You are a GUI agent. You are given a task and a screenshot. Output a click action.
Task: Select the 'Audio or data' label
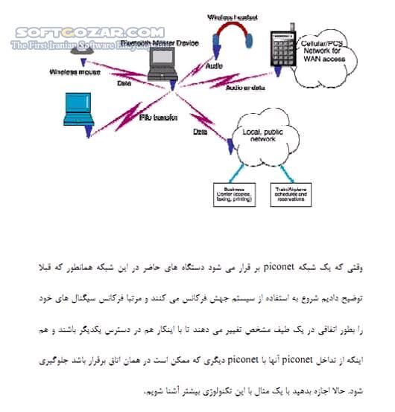coord(243,88)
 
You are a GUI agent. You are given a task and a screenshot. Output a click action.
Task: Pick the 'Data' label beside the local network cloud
coord(200,132)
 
